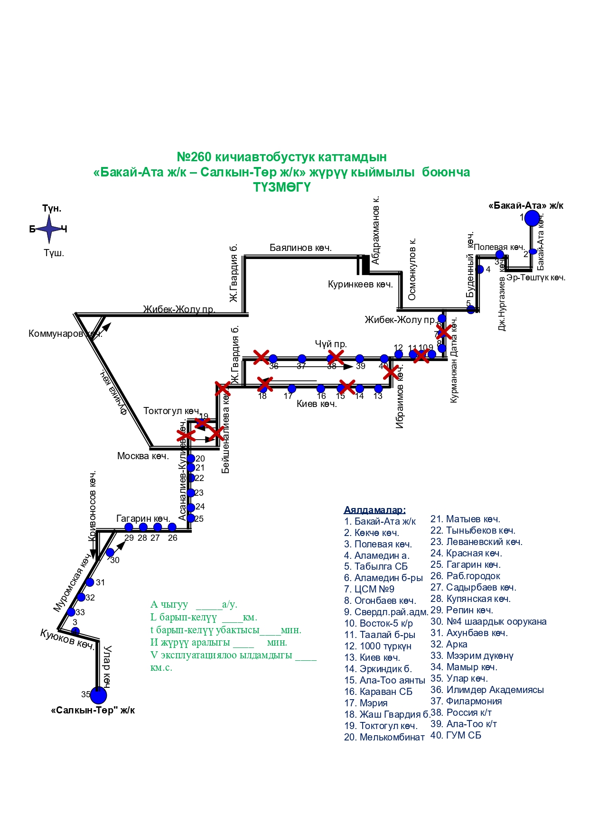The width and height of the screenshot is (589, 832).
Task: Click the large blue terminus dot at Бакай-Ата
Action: tap(532, 218)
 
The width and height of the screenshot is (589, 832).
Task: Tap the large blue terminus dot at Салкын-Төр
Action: tap(98, 695)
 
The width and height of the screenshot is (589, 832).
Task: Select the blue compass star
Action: tap(49, 229)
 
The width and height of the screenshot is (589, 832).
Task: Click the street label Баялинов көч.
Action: tap(300, 248)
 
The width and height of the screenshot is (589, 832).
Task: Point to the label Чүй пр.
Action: tap(331, 344)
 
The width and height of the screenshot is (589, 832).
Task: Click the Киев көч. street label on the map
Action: tap(317, 404)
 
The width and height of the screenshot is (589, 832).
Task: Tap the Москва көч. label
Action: tap(143, 456)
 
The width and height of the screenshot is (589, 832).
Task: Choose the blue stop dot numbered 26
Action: tap(172, 527)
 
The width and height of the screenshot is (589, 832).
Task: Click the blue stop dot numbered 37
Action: tap(302, 359)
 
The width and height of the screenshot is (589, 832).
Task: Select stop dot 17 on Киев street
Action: tap(292, 388)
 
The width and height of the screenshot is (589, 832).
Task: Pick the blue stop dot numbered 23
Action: tap(191, 493)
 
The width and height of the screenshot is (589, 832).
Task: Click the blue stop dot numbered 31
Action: tap(90, 582)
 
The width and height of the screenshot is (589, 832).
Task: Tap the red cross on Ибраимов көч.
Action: tap(391, 372)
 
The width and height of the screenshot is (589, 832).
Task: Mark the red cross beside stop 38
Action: tap(336, 357)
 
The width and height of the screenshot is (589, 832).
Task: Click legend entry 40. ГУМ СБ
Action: tap(456, 735)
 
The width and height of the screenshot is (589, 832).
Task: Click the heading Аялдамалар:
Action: tap(374, 510)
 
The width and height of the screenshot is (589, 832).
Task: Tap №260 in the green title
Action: tap(195, 157)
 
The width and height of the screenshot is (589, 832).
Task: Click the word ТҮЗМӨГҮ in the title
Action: tap(281, 187)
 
